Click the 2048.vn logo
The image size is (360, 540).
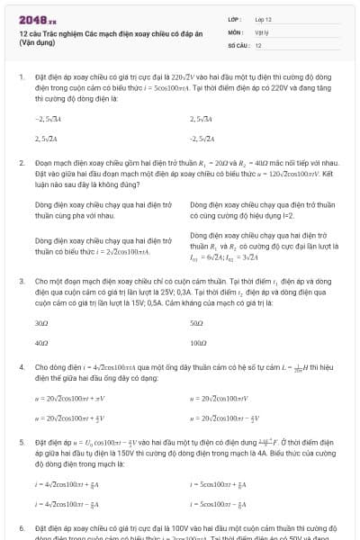37,19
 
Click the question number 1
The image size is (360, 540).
21,77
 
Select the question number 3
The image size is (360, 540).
21,281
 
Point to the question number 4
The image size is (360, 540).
21,367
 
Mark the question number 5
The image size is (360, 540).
21,443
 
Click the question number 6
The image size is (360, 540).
21,529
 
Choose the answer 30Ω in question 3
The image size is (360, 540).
41,321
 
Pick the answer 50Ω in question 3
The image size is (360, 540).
197,321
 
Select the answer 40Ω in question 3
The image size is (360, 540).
41,343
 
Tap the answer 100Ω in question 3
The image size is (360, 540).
199,343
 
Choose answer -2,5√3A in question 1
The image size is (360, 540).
49,118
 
